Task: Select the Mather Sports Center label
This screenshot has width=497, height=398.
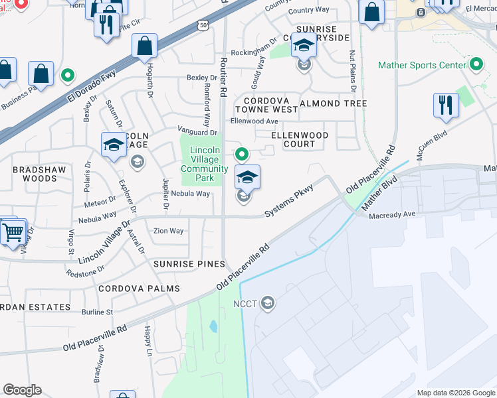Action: coord(421,65)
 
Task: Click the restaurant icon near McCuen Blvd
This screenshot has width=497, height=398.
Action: coord(446,105)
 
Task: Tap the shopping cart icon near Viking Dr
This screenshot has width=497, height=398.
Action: coord(13,232)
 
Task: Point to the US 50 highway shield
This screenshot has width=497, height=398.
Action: coord(202,25)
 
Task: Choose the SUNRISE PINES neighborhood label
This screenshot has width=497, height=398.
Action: coord(189,264)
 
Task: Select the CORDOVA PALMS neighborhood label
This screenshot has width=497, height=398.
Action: coord(140,289)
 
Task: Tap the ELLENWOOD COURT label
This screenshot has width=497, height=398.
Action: coord(300,140)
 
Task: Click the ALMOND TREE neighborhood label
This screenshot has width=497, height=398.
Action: coord(333,104)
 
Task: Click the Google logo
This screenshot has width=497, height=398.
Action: coord(23,390)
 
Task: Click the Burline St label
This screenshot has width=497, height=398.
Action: coord(98,311)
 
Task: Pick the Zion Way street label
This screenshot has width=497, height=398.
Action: coord(168,231)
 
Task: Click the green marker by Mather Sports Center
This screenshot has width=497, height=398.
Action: coord(476,65)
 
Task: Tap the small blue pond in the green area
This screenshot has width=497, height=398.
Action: coord(213,326)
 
